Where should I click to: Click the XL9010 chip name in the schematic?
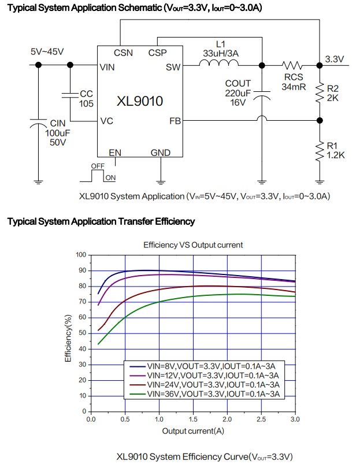[139, 101]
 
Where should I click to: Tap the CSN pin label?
[123, 53]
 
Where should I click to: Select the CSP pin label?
[157, 53]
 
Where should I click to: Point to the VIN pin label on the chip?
[107, 67]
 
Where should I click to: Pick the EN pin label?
[116, 153]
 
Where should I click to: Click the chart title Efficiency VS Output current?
[193, 245]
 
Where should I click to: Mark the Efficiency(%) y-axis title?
[69, 338]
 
